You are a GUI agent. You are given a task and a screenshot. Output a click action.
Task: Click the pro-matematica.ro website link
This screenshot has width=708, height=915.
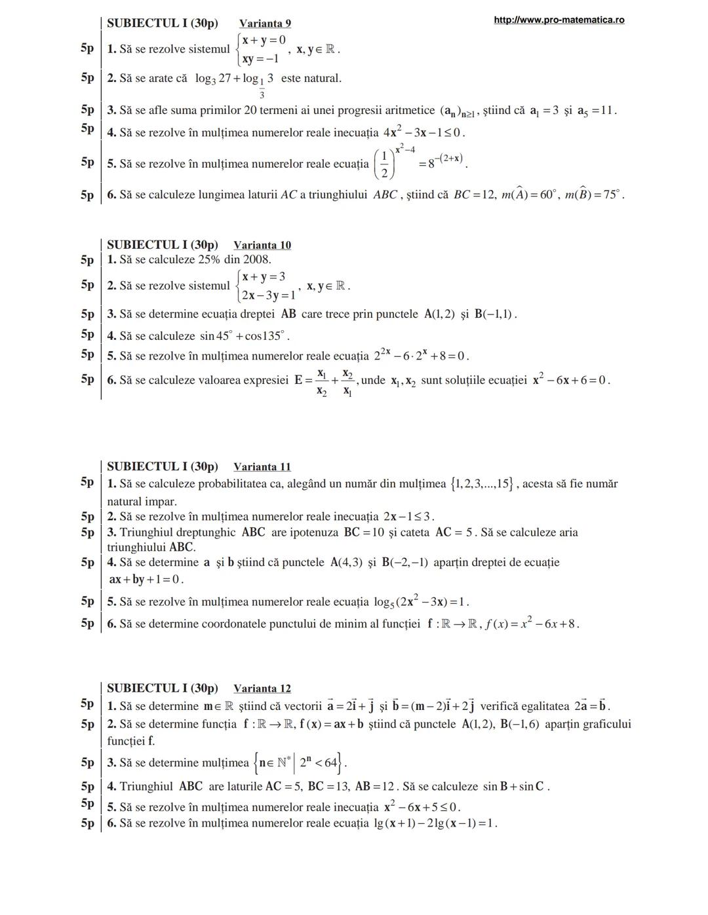pos(559,20)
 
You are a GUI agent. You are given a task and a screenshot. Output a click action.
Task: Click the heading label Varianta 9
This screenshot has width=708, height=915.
pos(265,24)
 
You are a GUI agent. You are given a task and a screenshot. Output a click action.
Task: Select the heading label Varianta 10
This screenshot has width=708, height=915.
pos(262,245)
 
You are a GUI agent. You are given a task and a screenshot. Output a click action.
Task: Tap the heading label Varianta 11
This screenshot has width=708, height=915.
pos(262,467)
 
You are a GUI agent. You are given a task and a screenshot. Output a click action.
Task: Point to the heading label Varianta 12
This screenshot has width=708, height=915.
pos(262,688)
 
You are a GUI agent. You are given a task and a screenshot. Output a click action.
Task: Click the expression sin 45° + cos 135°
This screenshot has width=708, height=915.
pos(245,336)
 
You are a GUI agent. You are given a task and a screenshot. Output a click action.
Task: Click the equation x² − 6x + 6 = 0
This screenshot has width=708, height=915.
pos(571,381)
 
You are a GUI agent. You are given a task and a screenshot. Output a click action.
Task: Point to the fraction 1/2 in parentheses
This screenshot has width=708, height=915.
pos(384,164)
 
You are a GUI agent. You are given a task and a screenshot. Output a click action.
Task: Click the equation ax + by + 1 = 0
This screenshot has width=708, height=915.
pos(146,580)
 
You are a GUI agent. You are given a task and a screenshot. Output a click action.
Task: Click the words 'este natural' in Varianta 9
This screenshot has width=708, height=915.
pos(311,79)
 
